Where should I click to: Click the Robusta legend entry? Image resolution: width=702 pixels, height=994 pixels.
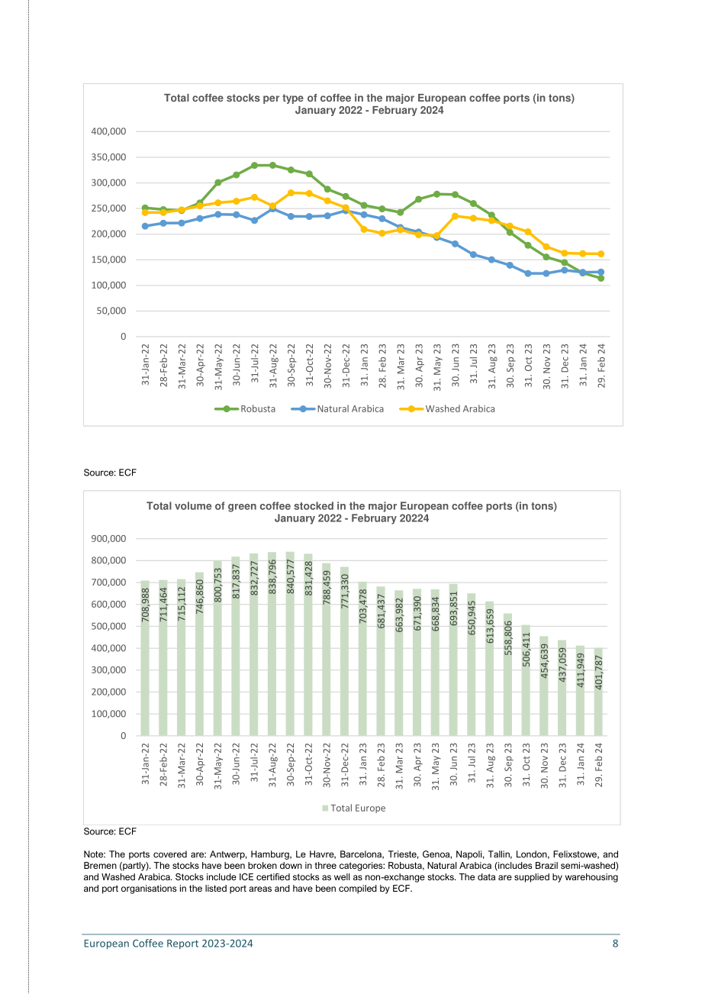(245, 408)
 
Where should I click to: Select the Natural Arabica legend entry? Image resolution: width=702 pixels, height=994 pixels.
(337, 408)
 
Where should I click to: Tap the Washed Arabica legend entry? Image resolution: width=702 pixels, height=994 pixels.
(447, 408)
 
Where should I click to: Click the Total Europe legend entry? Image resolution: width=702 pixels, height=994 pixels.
(353, 808)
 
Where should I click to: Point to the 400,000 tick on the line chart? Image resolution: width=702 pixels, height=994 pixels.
(108, 131)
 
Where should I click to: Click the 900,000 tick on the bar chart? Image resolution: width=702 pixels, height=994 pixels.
(108, 539)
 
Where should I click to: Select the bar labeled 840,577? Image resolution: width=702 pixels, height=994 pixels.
(290, 644)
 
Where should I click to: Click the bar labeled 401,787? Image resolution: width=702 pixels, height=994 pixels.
(598, 692)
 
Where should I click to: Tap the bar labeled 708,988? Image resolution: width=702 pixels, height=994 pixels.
(145, 659)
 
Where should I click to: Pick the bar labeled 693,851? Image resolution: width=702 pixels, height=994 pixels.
(453, 660)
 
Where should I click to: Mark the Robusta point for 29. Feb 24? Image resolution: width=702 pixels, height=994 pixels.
(601, 278)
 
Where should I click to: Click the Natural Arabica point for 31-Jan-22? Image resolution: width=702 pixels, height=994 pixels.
(145, 226)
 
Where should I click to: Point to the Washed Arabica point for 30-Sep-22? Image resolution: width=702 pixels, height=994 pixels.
(291, 193)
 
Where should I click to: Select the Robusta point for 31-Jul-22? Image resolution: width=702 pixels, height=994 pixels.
(255, 166)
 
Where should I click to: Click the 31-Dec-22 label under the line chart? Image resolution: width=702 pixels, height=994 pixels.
(346, 366)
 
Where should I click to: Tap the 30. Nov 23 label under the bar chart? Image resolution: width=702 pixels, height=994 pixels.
(545, 766)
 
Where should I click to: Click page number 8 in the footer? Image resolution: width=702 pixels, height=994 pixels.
(615, 944)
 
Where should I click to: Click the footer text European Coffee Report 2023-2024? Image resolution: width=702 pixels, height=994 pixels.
(168, 944)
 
